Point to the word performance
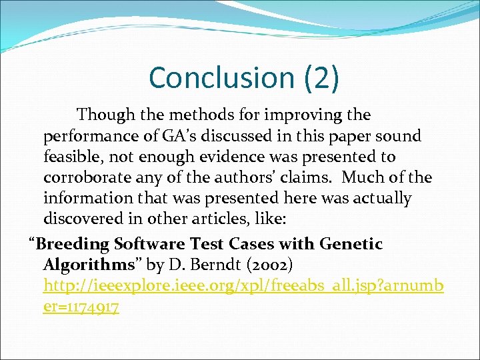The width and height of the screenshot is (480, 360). (85, 136)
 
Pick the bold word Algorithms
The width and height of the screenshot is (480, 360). (89, 265)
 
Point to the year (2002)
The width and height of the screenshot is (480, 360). (269, 265)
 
